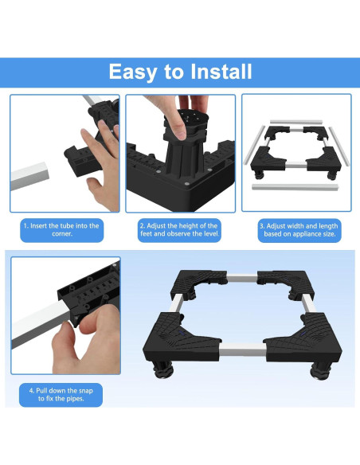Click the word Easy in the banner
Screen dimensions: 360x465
tap(132, 72)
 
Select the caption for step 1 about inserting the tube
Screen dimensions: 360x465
tap(61, 230)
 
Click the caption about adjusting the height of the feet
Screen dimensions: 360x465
tap(179, 230)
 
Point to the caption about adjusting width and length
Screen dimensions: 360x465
tap(299, 230)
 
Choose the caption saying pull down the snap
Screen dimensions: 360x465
tap(61, 395)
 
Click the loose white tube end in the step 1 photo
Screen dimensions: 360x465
tap(29, 176)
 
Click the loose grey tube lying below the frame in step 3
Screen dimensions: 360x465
tap(295, 187)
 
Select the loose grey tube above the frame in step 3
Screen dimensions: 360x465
tap(296, 122)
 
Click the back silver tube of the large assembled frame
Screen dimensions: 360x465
tap(242, 279)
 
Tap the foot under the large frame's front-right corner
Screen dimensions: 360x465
tap(319, 371)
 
